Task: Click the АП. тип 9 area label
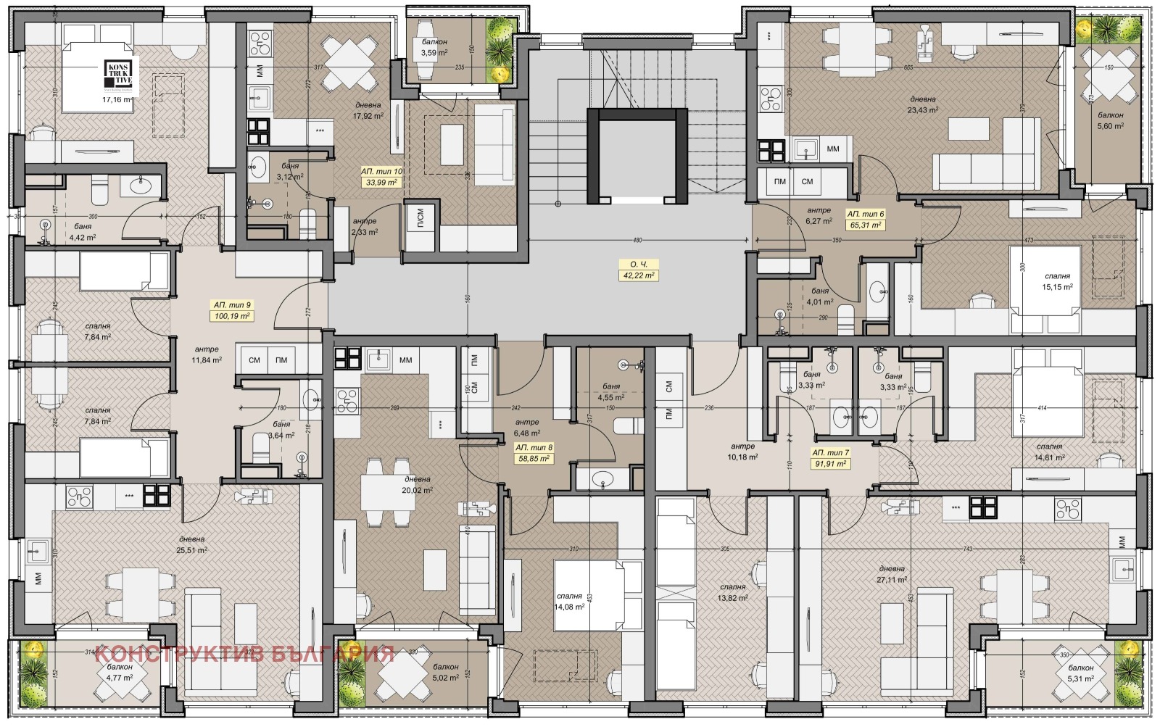pyautogui.click(x=231, y=310)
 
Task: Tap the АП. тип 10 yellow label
pyautogui.click(x=382, y=177)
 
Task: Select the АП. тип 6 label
pyautogui.click(x=866, y=220)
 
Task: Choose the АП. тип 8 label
pyautogui.click(x=533, y=453)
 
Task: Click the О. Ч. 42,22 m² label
pyautogui.click(x=638, y=270)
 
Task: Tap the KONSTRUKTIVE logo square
pyautogui.click(x=118, y=73)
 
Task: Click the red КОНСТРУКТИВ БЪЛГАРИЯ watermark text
pyautogui.click(x=244, y=654)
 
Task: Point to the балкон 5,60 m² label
pyautogui.click(x=1110, y=120)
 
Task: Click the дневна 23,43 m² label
pyautogui.click(x=923, y=104)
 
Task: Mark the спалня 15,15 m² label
pyautogui.click(x=1057, y=281)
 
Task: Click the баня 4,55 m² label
pyautogui.click(x=610, y=392)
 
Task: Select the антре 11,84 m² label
pyautogui.click(x=207, y=354)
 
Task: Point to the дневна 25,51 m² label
pyautogui.click(x=192, y=544)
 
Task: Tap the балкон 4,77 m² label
pyautogui.click(x=120, y=672)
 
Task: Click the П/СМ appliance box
pyautogui.click(x=420, y=220)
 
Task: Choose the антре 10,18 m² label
pyautogui.click(x=743, y=452)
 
